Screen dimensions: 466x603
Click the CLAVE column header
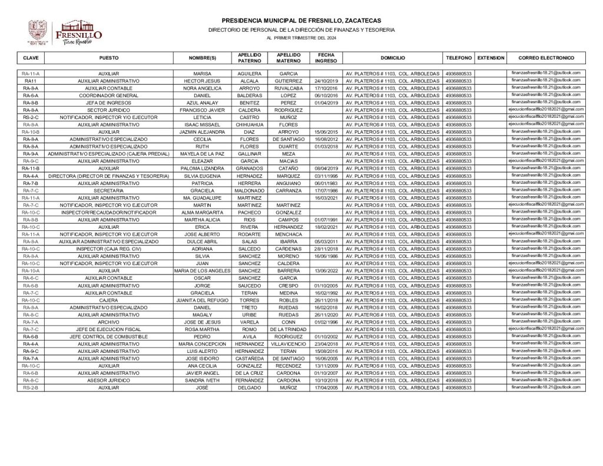(31, 58)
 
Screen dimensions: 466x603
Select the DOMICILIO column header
(392, 58)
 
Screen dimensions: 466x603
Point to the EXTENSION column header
(491, 58)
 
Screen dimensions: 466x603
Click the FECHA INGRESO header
(325, 58)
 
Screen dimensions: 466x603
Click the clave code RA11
(31, 80)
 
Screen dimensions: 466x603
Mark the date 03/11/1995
(325, 176)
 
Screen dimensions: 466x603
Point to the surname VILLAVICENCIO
(289, 343)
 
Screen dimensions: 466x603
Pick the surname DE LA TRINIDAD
(289, 329)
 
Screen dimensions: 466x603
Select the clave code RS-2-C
(31, 117)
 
